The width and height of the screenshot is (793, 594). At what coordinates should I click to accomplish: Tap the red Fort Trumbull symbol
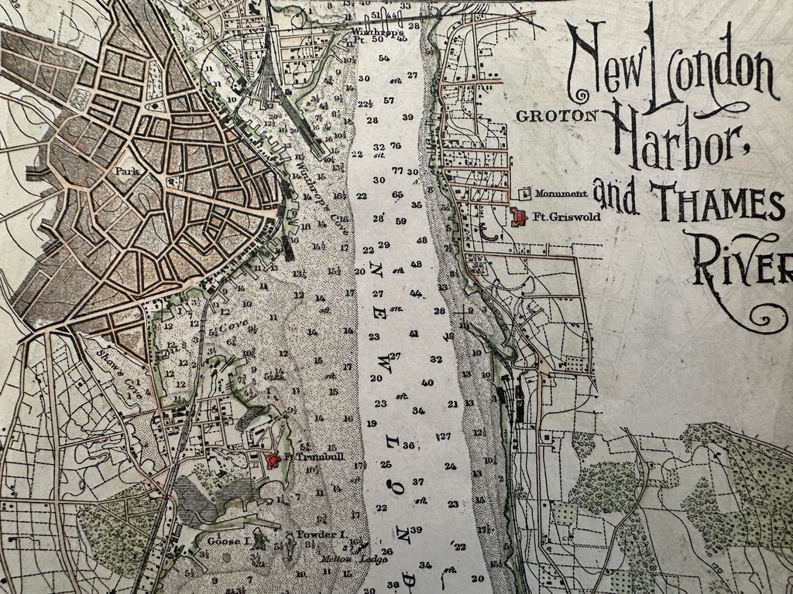coord(273,459)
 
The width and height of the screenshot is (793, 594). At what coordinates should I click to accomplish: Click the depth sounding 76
coord(396,146)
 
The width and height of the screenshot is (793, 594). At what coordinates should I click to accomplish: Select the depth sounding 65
coord(397,194)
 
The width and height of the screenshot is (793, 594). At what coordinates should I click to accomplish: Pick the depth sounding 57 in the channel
coord(389,101)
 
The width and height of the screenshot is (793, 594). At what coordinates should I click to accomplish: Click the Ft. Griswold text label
coord(561,218)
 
